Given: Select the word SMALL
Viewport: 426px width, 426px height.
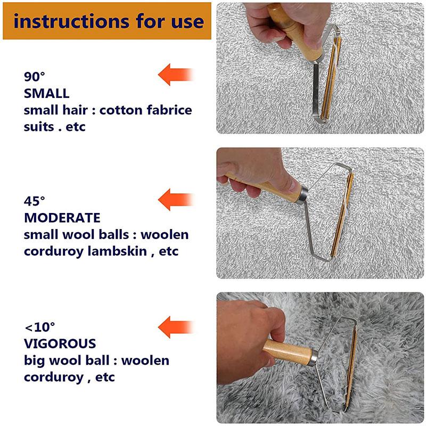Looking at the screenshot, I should click(x=46, y=93).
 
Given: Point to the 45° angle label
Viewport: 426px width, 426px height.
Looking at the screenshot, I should click(x=35, y=201).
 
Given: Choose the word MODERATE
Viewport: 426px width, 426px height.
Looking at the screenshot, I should click(x=62, y=218).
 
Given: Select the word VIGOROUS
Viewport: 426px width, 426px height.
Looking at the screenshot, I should click(x=59, y=343).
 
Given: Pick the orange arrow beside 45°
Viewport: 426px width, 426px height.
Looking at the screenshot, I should click(x=175, y=199).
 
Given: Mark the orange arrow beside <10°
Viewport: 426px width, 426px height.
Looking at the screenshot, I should click(x=175, y=325).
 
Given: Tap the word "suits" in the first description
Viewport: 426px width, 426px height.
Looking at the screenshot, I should click(x=41, y=127).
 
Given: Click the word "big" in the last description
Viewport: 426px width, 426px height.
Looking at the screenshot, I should click(x=35, y=361).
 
